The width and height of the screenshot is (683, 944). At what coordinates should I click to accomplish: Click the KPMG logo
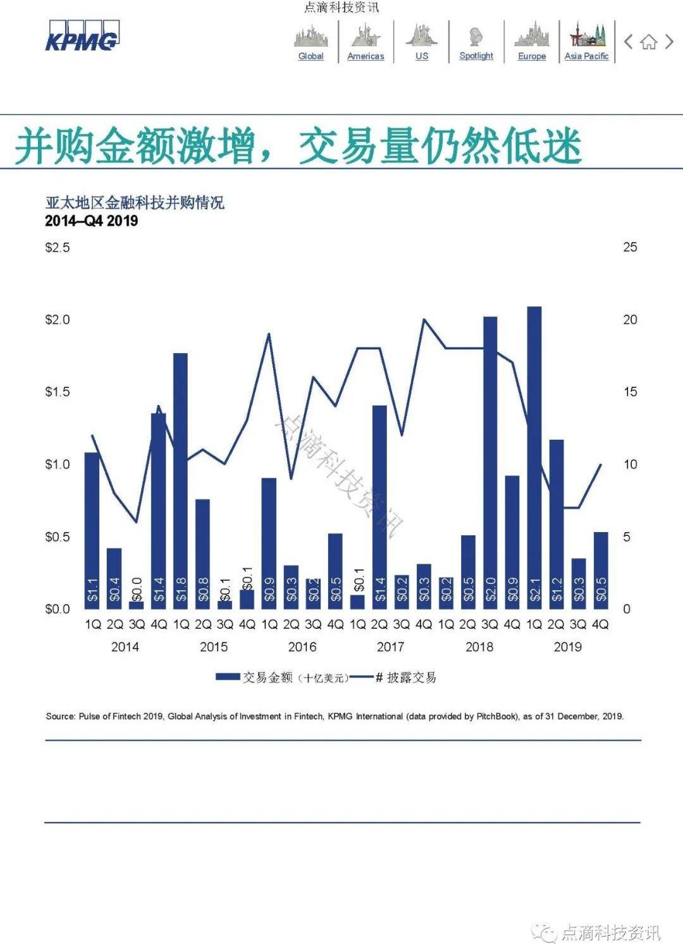click(82, 37)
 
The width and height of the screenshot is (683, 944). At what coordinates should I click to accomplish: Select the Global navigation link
click(311, 56)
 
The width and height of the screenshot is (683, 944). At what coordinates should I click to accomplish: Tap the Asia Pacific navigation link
click(586, 56)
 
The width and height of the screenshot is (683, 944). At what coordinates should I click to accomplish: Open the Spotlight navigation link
click(476, 56)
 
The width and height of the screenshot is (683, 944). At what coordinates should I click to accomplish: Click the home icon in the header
click(648, 42)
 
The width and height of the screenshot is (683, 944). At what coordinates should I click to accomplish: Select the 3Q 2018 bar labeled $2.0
click(490, 462)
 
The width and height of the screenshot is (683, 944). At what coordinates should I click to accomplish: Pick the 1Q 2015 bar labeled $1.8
click(181, 480)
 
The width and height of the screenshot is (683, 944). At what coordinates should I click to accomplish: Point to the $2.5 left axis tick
click(58, 247)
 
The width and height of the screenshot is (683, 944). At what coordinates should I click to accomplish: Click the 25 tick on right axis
click(630, 247)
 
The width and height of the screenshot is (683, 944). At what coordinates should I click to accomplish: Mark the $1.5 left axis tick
click(58, 392)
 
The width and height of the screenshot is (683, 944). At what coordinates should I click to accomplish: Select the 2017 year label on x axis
click(390, 647)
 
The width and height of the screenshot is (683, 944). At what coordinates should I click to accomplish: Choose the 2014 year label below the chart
click(125, 647)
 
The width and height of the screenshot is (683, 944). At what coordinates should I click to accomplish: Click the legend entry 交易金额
click(268, 678)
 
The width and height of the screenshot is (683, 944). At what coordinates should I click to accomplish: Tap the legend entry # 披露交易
click(405, 678)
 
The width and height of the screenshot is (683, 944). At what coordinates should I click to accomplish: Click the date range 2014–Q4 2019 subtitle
click(92, 221)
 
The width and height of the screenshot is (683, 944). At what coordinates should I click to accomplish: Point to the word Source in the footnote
click(60, 716)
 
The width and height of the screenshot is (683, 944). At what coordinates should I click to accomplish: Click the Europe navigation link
click(532, 56)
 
